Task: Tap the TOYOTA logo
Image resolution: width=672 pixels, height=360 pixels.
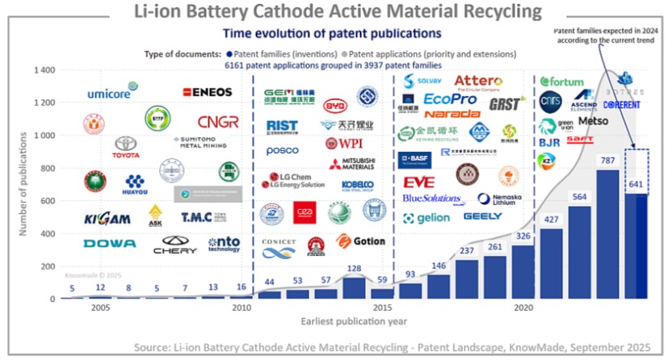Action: tap(125, 148)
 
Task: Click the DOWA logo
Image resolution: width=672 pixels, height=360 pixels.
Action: tap(109, 243)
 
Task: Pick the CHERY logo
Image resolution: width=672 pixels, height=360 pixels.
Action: tap(179, 244)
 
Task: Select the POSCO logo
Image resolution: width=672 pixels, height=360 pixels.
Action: tap(283, 152)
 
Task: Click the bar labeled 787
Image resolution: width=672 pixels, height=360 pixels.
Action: tap(607, 234)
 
